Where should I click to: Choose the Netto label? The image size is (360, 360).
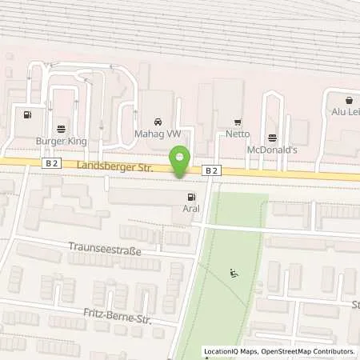237,135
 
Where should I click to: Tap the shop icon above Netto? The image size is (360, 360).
237,122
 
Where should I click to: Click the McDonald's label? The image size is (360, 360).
272,149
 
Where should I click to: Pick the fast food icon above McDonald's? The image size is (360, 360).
272,135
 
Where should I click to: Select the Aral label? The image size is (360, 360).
182,214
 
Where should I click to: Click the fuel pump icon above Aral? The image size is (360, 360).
190,198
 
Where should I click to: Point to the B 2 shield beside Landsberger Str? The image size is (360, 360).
52,162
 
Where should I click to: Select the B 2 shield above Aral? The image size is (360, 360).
210,170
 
